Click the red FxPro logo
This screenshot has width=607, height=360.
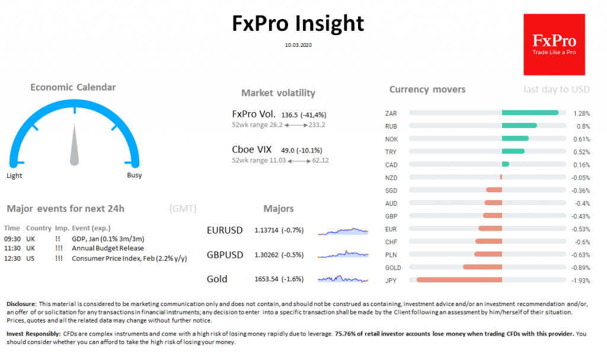[554, 44]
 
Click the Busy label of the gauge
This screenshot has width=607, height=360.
[135, 176]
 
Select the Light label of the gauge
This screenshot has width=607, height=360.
[14, 176]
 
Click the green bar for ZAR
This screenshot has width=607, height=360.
[530, 113]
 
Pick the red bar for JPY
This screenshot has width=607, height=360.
[459, 279]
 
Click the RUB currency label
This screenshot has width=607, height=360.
[391, 126]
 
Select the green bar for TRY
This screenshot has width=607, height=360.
[513, 151]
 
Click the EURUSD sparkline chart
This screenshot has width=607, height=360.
[343, 231]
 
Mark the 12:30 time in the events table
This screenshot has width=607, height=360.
[12, 259]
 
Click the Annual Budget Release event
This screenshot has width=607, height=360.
[108, 249]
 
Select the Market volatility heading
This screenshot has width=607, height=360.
[278, 93]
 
